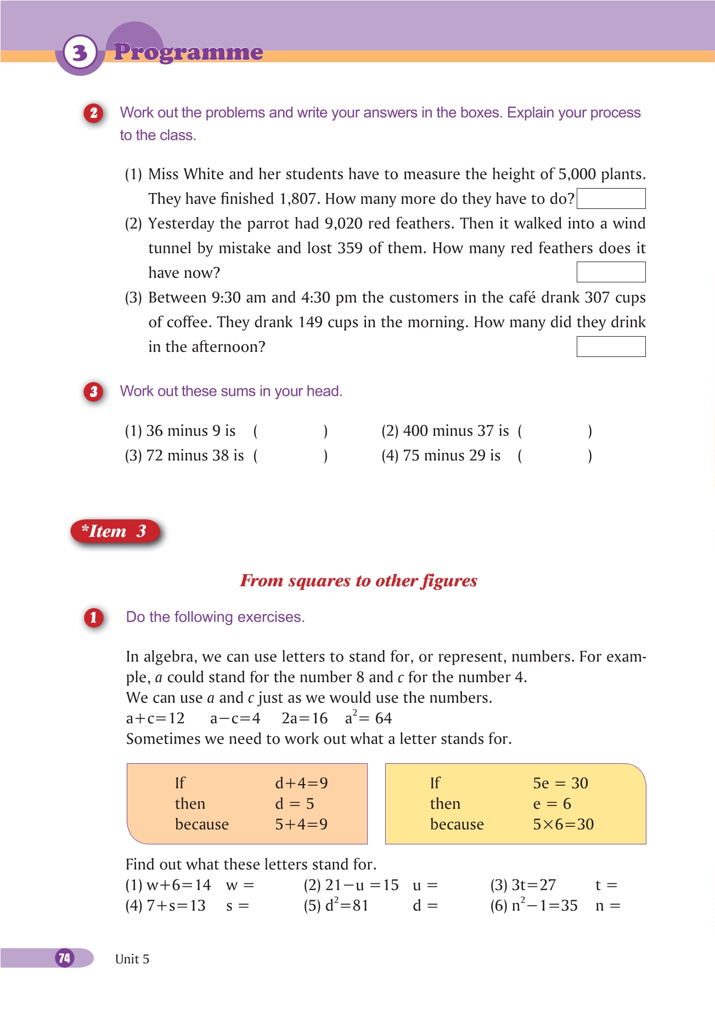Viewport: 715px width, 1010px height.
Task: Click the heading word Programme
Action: [188, 52]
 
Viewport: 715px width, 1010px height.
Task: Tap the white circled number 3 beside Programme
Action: [80, 53]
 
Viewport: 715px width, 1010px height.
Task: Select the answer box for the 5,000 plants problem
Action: [611, 198]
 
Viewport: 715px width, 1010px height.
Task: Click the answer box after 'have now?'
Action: [611, 272]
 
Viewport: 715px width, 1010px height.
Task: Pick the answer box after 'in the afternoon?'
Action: [611, 347]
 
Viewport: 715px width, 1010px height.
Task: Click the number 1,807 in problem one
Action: [297, 198]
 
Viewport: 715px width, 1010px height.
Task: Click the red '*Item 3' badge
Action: [115, 531]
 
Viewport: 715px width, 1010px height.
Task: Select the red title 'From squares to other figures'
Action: [358, 581]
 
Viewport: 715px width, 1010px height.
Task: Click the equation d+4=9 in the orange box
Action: [301, 783]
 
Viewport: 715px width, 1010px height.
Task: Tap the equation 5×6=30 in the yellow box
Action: [563, 824]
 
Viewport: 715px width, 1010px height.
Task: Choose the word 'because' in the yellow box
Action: [457, 824]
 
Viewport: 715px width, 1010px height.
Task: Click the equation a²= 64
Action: [368, 718]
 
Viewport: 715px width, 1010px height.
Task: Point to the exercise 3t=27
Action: [533, 885]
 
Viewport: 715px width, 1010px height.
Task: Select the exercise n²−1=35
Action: [544, 905]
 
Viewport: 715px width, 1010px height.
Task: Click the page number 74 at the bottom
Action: [65, 958]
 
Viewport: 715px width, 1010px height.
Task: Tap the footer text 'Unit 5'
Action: [132, 959]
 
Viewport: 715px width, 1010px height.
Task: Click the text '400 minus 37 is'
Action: [455, 431]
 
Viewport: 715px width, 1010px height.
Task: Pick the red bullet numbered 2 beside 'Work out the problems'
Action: [94, 114]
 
